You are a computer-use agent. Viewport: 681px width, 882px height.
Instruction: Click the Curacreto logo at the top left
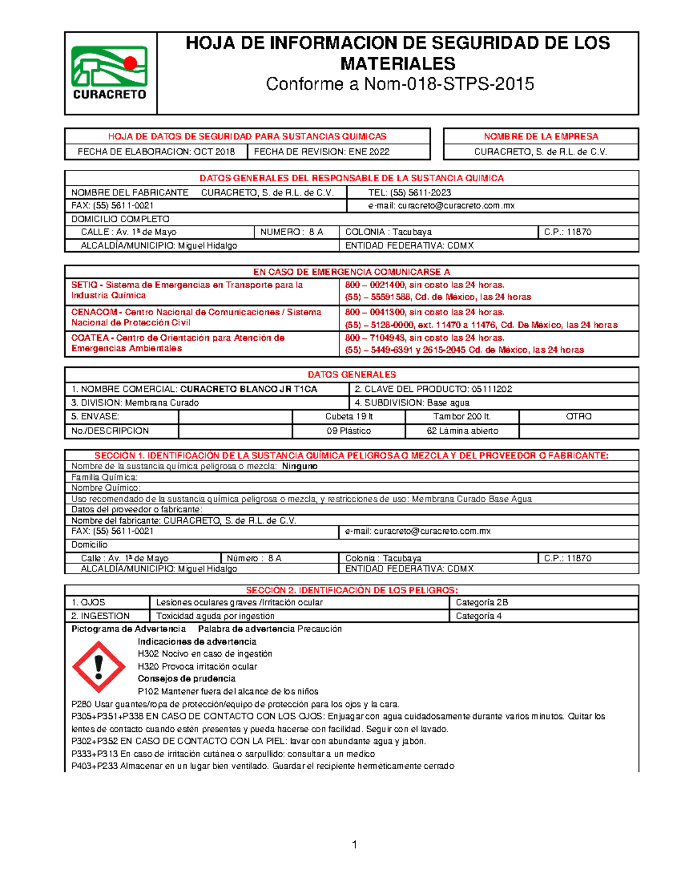[x=110, y=73]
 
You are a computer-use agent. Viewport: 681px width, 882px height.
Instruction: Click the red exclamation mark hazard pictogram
[x=99, y=667]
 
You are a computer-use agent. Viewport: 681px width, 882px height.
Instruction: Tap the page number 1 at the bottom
[x=355, y=845]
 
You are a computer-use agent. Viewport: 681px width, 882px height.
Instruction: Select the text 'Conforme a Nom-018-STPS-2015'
[x=400, y=84]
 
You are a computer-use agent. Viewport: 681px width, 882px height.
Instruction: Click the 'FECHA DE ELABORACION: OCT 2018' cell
[x=156, y=152]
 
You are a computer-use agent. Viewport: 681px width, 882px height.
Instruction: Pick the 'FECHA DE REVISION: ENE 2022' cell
[x=322, y=152]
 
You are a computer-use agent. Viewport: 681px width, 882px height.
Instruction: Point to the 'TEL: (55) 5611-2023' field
[x=409, y=193]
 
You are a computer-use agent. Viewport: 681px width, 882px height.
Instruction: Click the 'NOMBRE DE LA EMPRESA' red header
[x=541, y=136]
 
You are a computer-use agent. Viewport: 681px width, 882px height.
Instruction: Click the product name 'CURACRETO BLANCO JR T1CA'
[x=249, y=389]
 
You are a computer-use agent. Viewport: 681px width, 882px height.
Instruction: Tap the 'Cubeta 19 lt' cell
[x=348, y=416]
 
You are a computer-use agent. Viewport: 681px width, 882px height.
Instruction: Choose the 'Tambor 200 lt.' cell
[x=462, y=416]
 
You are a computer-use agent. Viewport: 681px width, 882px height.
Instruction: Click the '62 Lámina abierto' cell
[x=462, y=431]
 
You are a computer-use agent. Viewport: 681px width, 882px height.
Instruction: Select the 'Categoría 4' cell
[x=478, y=616]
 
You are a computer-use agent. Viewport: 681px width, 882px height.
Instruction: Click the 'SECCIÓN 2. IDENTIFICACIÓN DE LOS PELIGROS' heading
[x=351, y=590]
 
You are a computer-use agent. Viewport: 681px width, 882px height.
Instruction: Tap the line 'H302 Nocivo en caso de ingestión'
[x=205, y=654]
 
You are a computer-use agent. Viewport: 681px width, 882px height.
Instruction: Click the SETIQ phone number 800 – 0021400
[x=375, y=285]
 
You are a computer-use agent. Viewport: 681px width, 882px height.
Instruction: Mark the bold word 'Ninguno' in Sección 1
[x=300, y=466]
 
